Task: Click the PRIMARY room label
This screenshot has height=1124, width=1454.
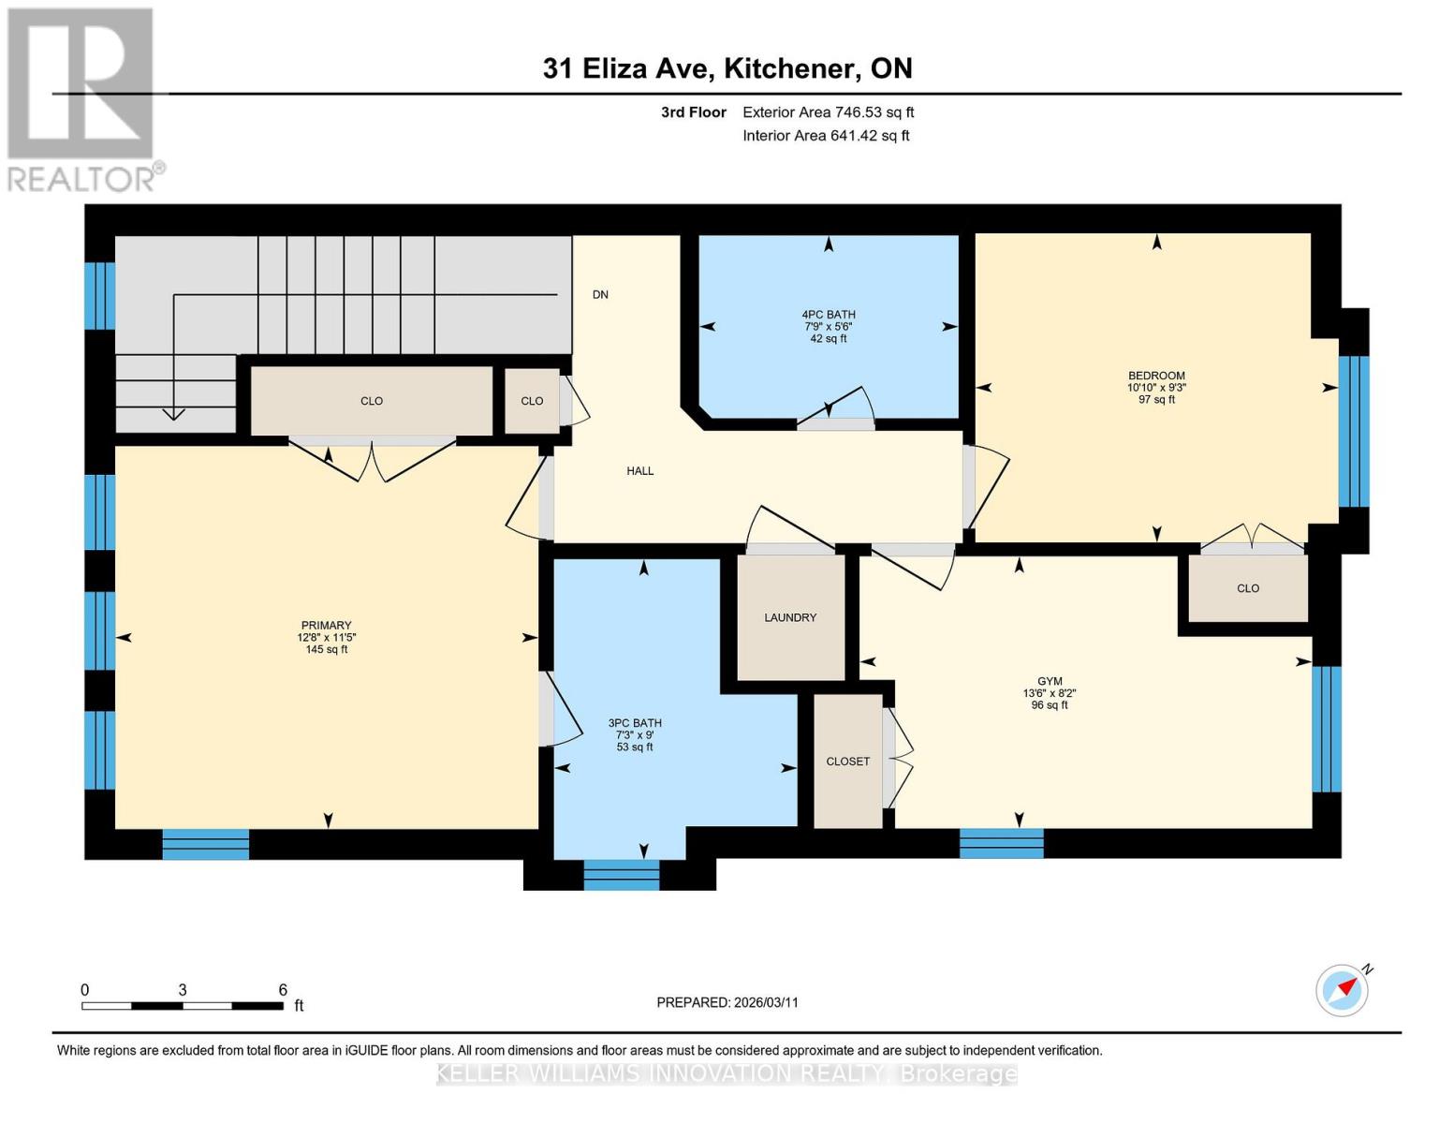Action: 326,626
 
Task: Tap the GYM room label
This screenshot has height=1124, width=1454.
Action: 1050,682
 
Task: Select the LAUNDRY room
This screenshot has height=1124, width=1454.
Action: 790,617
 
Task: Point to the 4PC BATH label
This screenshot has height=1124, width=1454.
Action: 829,315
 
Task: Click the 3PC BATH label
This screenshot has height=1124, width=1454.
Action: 635,723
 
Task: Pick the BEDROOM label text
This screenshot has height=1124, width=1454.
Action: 1156,376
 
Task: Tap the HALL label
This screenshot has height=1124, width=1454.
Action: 640,471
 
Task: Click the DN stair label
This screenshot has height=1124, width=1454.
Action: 600,294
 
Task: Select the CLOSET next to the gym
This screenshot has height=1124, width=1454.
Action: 848,762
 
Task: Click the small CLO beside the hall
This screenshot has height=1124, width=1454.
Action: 532,401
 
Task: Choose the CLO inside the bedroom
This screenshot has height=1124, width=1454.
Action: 1248,588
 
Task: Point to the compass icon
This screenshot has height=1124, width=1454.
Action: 1343,989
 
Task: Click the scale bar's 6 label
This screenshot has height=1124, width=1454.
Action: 283,990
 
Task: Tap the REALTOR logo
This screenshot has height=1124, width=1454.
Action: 82,98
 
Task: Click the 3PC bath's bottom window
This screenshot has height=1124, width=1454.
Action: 622,875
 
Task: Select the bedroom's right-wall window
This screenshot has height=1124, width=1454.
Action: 1354,432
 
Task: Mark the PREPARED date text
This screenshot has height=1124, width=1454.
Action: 727,1002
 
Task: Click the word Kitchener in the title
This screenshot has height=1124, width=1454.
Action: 791,68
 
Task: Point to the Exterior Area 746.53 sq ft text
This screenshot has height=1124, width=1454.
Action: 828,112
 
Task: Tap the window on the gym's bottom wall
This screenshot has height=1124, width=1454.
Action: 1002,843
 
